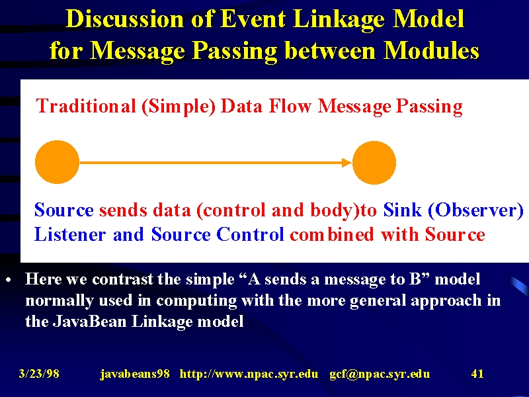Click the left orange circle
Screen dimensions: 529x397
[57, 162]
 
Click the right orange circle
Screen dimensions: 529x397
[374, 162]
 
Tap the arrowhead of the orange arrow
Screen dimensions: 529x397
[346, 162]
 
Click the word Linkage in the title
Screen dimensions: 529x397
[339, 19]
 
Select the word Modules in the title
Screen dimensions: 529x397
[432, 51]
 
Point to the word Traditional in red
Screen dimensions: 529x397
[86, 106]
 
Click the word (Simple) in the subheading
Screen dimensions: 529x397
[179, 107]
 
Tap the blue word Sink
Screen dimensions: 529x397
[402, 210]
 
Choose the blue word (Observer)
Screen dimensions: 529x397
[475, 210]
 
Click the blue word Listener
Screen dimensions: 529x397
[70, 234]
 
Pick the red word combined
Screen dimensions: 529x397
[332, 234]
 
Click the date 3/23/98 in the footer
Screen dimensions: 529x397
[39, 374]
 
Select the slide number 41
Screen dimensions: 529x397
[477, 374]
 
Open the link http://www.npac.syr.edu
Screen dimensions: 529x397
[249, 374]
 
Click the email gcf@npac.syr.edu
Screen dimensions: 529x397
[380, 374]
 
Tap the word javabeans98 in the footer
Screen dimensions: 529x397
[135, 374]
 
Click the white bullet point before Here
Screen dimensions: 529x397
[9, 280]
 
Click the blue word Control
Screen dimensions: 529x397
[250, 234]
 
